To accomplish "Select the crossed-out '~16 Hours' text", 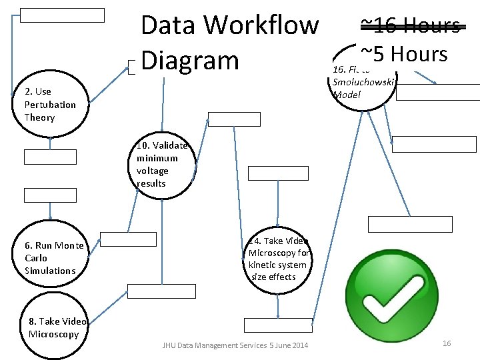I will pyautogui.click(x=410, y=26).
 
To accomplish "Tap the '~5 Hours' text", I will pyautogui.click(x=403, y=53).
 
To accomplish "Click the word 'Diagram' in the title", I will pyautogui.click(x=190, y=60).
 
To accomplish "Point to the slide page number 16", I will pyautogui.click(x=447, y=343).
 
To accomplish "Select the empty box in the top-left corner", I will pyautogui.click(x=62, y=15).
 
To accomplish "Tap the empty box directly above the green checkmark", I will pyautogui.click(x=410, y=224).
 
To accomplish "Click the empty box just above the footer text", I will pyautogui.click(x=277, y=325).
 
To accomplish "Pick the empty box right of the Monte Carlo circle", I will pyautogui.click(x=128, y=239).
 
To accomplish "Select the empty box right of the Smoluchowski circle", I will pyautogui.click(x=436, y=92).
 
